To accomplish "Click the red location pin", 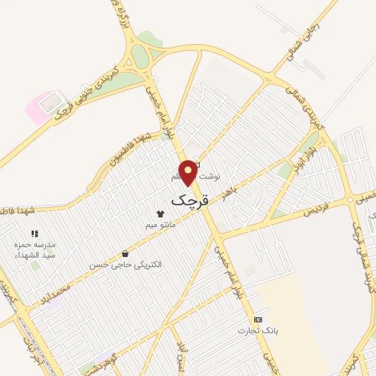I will pyautogui.click(x=189, y=170).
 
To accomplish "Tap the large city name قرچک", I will pyautogui.click(x=189, y=199).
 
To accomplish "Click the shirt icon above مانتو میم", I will pyautogui.click(x=160, y=213).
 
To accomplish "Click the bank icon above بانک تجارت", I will pyautogui.click(x=257, y=319).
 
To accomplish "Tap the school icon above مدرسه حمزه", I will pyautogui.click(x=35, y=234).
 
